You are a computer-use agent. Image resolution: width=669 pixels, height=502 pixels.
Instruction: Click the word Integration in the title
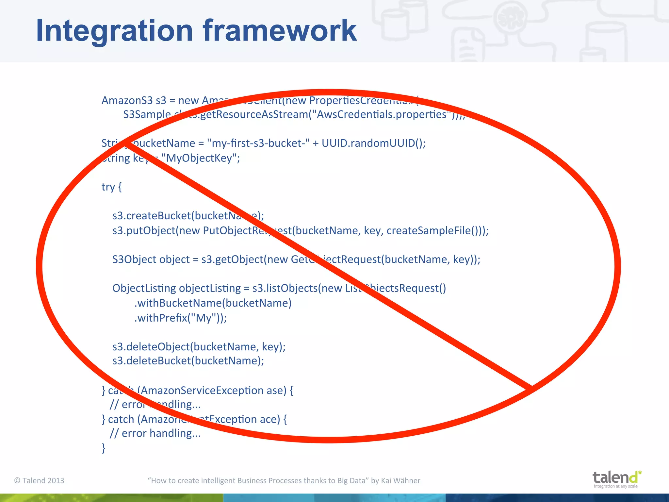click(114, 31)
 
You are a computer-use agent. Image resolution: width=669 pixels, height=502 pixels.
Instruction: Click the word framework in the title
click(280, 31)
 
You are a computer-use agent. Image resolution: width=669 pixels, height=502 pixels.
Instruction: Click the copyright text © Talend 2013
click(39, 480)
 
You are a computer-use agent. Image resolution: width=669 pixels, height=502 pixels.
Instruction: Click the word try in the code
click(108, 187)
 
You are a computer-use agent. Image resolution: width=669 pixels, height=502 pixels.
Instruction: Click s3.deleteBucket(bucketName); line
click(188, 361)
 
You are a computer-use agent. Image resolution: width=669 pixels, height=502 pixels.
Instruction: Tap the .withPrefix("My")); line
click(180, 318)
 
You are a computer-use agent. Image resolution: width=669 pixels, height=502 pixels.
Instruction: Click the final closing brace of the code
click(104, 448)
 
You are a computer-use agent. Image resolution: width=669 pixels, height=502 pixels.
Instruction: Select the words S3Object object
click(151, 259)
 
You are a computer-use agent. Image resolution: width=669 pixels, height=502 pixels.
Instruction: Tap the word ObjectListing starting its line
click(144, 288)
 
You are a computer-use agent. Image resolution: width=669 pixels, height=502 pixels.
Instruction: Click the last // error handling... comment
click(155, 433)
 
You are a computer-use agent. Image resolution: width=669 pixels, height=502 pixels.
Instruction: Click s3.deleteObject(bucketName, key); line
click(199, 347)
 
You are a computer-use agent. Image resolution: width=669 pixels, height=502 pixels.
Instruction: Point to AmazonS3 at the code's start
click(127, 100)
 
